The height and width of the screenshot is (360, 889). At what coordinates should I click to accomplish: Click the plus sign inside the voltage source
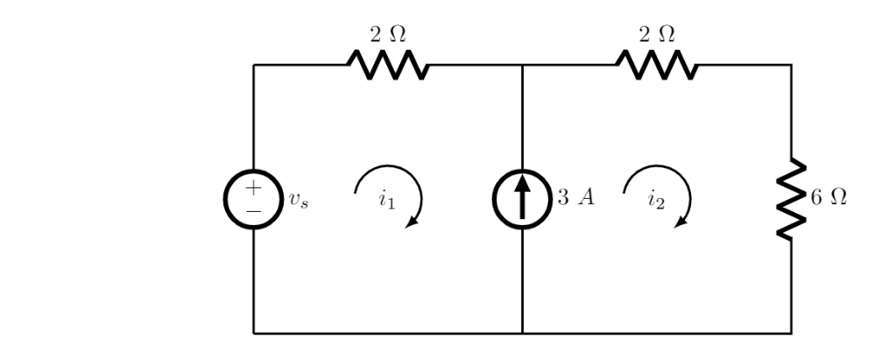click(254, 187)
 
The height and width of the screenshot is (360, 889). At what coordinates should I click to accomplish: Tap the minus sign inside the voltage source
click(254, 210)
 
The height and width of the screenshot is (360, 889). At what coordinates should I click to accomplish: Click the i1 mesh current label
click(386, 200)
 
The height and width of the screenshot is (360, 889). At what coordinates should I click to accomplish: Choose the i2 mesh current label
click(656, 200)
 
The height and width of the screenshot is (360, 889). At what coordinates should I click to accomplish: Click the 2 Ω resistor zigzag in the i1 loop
click(388, 65)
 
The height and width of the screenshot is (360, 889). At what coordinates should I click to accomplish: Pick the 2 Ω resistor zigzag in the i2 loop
click(658, 65)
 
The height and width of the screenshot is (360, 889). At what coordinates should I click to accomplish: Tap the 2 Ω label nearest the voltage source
click(387, 34)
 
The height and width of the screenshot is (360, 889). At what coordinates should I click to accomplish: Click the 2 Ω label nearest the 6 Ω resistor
click(657, 34)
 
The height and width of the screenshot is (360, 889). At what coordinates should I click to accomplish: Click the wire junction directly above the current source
click(523, 65)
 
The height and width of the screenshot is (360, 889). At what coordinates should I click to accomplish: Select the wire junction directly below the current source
click(523, 333)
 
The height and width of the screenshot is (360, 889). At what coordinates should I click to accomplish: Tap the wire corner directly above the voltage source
click(254, 65)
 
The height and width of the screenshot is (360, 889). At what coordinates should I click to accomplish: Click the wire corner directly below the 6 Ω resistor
click(792, 333)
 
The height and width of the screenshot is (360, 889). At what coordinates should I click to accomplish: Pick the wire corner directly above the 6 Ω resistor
click(792, 65)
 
